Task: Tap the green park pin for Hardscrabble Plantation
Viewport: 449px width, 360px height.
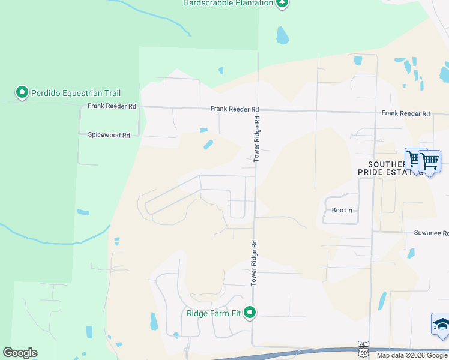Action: point(282,3)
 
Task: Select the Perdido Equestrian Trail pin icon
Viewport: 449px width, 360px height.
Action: point(22,92)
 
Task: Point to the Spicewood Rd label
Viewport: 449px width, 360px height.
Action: point(109,136)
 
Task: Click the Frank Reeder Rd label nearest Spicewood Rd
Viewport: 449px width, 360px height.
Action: point(112,106)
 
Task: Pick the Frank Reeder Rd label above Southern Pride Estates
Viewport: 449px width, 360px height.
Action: point(406,113)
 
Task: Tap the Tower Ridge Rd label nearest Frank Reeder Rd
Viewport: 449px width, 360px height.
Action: point(256,139)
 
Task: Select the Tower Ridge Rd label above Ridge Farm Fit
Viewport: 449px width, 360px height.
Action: point(254,262)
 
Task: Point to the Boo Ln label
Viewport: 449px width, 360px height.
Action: point(342,211)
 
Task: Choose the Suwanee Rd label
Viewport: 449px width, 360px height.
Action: point(431,233)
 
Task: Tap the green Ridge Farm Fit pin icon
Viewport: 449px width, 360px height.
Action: point(250,313)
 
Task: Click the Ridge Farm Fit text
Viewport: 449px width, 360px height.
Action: point(214,313)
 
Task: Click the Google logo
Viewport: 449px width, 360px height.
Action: point(20,353)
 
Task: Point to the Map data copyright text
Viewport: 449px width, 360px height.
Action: point(412,355)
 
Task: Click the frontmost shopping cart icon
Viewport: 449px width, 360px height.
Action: point(430,161)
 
